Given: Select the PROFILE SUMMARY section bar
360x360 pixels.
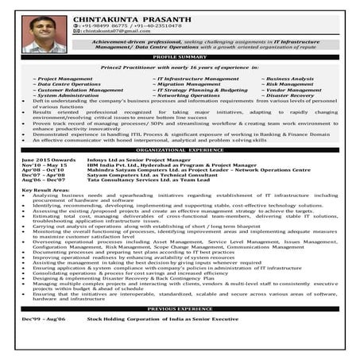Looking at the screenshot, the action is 179,58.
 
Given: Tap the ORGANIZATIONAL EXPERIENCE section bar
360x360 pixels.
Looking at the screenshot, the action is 179,149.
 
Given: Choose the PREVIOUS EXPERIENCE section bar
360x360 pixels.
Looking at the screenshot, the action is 179,308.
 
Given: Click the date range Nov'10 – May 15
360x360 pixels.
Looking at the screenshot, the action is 37,164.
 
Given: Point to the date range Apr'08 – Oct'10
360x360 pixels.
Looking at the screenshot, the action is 37,169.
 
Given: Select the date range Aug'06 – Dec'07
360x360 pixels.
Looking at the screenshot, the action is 37,180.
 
